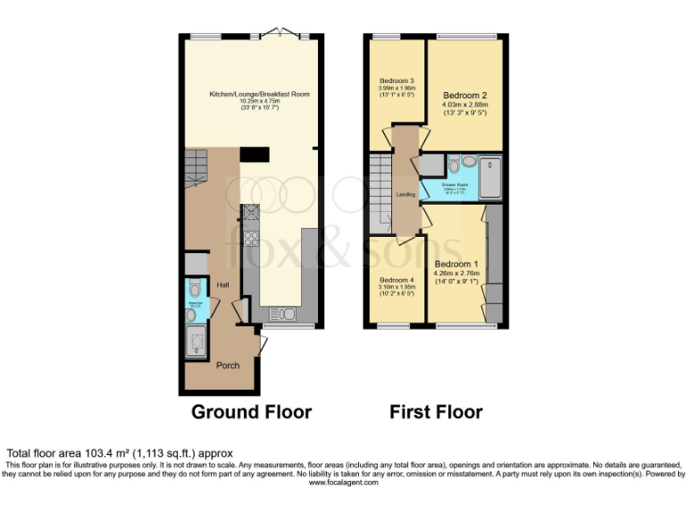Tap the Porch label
point(229,365)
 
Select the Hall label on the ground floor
point(222,285)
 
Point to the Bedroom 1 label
point(456,265)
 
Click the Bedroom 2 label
point(464,96)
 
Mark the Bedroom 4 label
point(395,279)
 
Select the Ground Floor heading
point(252,412)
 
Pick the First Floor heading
point(436,412)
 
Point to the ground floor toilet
point(194,291)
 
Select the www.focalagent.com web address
point(342,482)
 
